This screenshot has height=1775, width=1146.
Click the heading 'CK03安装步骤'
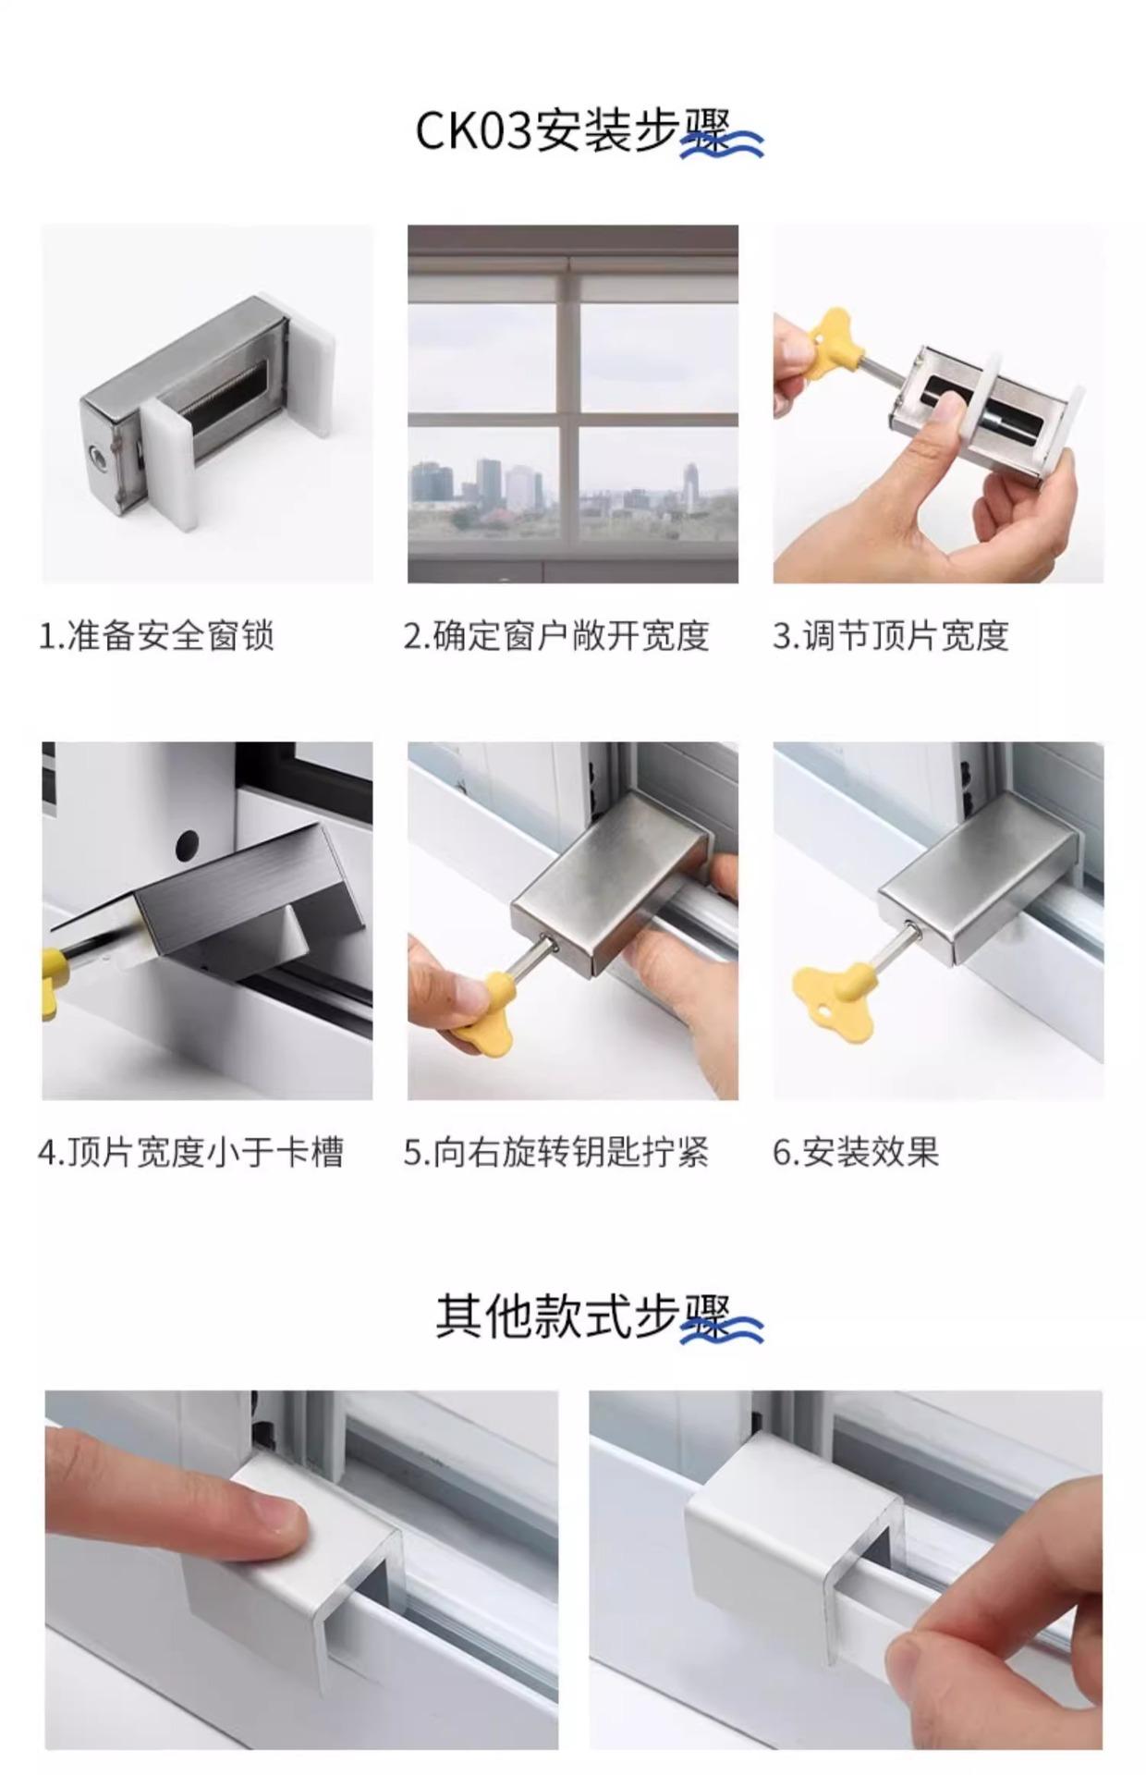coord(573,131)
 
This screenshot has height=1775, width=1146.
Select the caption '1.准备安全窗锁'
coord(156,636)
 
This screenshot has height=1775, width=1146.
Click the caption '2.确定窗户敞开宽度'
coord(556,636)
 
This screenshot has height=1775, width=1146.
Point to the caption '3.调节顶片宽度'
coord(890,636)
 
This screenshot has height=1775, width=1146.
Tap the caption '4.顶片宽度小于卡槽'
coord(191,1153)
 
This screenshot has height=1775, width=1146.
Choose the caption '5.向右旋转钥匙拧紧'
coord(556,1153)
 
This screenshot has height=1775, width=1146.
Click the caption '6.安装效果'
coord(856,1153)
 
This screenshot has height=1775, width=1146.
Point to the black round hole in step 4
coord(187,843)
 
